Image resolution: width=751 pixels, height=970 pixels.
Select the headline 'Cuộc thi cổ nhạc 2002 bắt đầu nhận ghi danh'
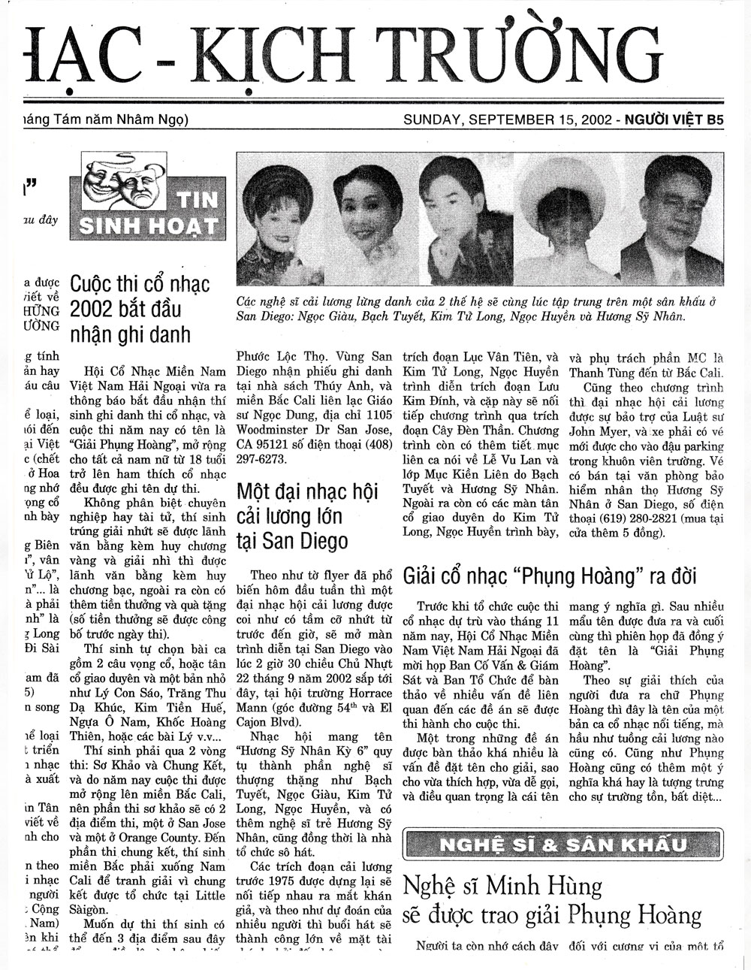(140, 309)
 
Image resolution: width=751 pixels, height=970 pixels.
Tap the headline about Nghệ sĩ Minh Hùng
(552, 901)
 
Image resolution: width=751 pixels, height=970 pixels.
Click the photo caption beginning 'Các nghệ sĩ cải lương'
(473, 309)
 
